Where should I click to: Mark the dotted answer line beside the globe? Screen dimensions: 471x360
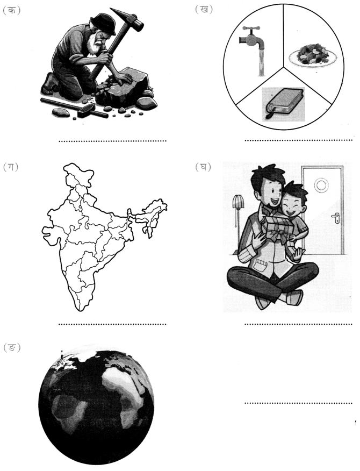[298, 403]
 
